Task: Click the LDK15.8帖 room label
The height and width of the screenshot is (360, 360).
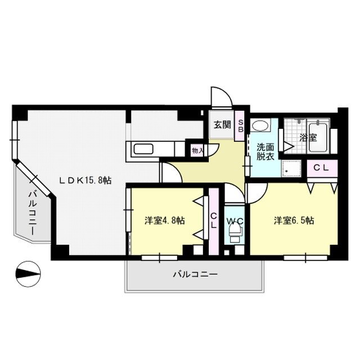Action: pyautogui.click(x=85, y=180)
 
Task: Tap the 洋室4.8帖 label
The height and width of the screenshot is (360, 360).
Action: pyautogui.click(x=165, y=220)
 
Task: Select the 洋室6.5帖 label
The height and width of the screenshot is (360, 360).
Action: pyautogui.click(x=294, y=220)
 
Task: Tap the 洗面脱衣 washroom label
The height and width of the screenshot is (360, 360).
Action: pyautogui.click(x=265, y=151)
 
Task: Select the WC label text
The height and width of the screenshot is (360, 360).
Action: pyautogui.click(x=235, y=221)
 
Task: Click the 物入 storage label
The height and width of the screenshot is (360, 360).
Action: pyautogui.click(x=197, y=151)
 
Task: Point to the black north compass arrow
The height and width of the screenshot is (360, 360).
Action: pyautogui.click(x=29, y=274)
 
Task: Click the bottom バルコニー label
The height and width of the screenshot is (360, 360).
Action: pyautogui.click(x=194, y=274)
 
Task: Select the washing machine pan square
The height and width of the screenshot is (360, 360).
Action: pyautogui.click(x=291, y=168)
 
